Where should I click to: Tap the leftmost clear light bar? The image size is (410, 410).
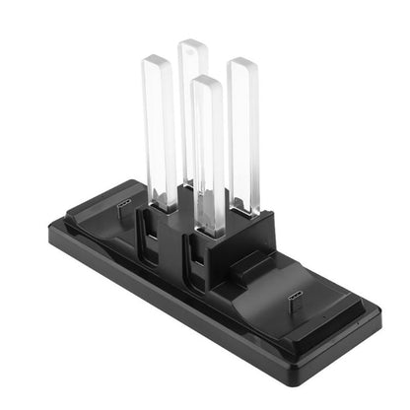pyautogui.click(x=160, y=128)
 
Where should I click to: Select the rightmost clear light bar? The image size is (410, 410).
pyautogui.click(x=243, y=128)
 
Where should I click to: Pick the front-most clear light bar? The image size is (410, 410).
pyautogui.click(x=208, y=148)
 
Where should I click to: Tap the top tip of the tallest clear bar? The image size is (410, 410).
pyautogui.click(x=192, y=43)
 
